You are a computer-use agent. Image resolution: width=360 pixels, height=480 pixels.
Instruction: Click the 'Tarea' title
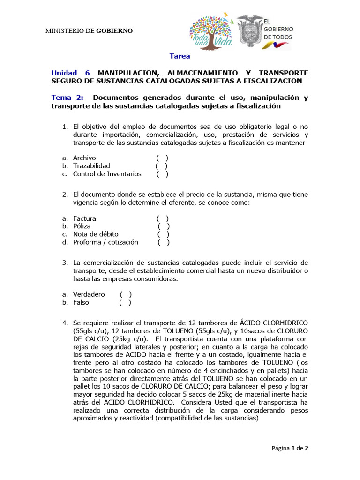click(180, 56)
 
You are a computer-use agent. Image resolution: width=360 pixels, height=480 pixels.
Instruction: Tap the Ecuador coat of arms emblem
click(249, 31)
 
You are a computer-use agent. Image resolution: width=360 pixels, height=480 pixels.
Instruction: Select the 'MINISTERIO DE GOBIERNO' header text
click(89, 31)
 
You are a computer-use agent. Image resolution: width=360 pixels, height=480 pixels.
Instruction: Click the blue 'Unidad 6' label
click(70, 73)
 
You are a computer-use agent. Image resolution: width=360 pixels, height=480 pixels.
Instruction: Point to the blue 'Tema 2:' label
click(67, 98)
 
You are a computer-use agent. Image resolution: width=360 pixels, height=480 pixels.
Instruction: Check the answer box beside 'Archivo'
click(163, 158)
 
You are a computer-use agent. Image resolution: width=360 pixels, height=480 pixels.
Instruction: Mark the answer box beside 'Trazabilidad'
click(162, 166)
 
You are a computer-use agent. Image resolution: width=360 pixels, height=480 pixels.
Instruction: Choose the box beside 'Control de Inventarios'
click(163, 174)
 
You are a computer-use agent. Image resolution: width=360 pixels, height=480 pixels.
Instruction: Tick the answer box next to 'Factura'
click(163, 218)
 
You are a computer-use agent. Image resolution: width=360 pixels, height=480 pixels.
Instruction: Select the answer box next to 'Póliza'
click(164, 226)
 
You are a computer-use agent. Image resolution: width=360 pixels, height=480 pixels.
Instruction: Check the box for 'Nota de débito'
click(164, 234)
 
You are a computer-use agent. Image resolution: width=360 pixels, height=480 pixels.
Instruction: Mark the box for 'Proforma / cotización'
click(164, 242)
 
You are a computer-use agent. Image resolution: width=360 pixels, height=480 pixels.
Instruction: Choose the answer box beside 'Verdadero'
click(126, 294)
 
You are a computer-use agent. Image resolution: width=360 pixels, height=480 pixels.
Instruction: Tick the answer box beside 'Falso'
click(125, 302)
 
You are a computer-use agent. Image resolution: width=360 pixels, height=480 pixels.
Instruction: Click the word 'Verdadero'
click(89, 294)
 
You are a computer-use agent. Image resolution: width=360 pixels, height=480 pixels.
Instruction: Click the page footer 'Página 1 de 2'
click(290, 448)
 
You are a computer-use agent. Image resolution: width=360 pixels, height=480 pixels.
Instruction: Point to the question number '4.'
click(66, 323)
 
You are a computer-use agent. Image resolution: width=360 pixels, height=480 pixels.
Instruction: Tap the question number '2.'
click(66, 194)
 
